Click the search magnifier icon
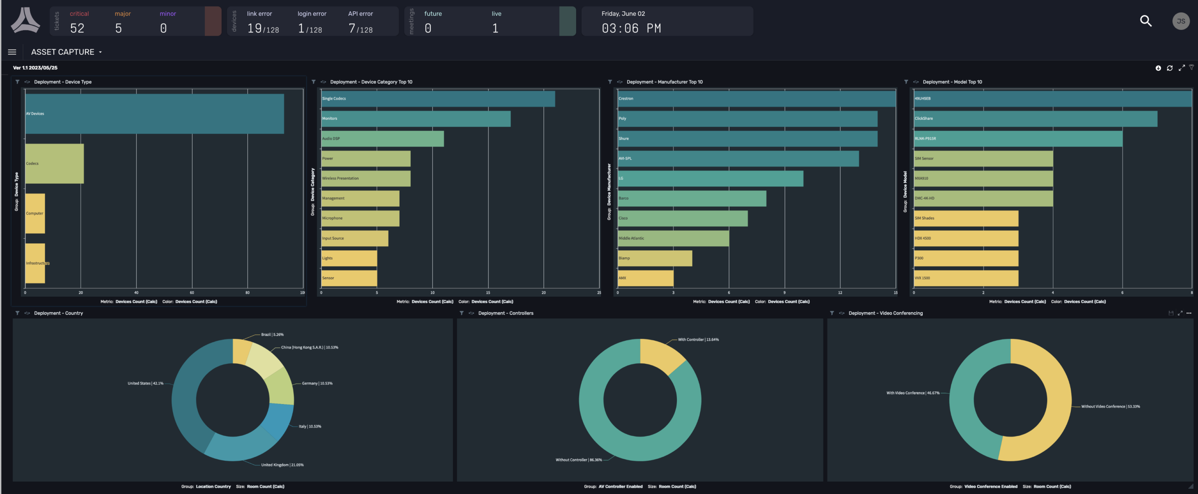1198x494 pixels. coord(1145,21)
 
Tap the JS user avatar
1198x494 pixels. coord(1180,21)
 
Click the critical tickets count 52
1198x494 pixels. coord(77,28)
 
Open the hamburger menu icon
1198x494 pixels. coord(12,52)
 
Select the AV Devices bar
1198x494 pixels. coord(154,114)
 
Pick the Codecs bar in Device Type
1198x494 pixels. coord(54,163)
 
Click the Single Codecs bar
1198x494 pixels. coord(437,99)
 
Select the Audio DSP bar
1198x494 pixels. coord(382,138)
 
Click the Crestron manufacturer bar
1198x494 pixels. coord(756,99)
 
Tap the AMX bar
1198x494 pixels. coord(645,278)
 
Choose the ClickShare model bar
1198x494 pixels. coord(1035,119)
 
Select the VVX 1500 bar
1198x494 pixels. coord(965,278)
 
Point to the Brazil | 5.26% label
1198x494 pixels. coord(272,334)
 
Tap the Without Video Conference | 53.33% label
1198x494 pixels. coord(1110,407)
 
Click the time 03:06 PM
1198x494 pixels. coord(631,28)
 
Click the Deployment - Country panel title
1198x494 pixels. coord(58,313)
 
